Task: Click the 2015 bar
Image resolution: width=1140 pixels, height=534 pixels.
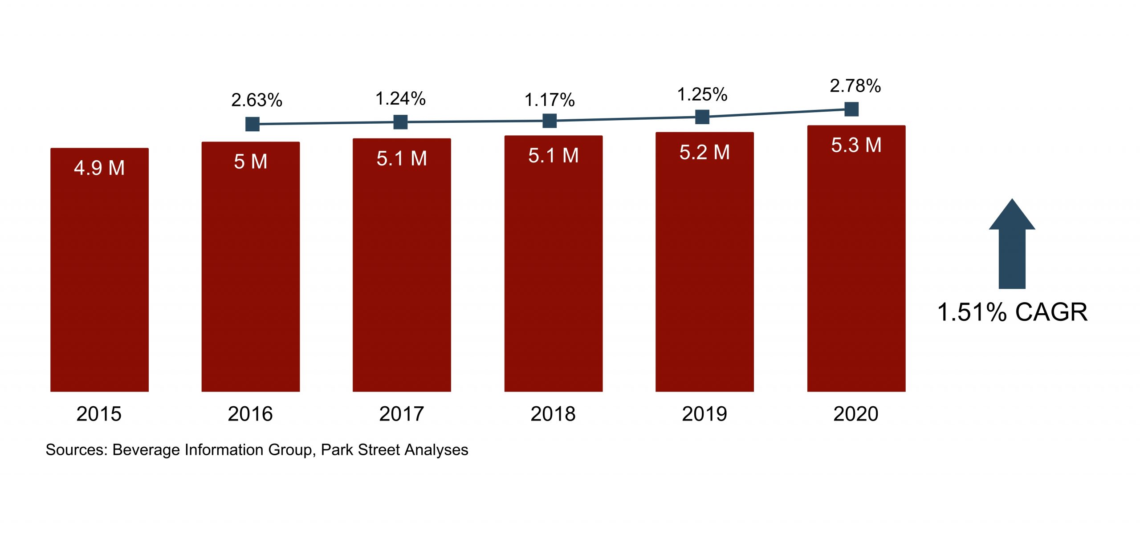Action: coord(99,276)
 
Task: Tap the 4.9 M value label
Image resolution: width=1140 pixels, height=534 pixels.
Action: coord(99,168)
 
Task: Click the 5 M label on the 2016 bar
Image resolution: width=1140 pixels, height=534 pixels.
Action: coord(251,162)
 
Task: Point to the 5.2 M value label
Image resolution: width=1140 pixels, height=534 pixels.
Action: coord(704,153)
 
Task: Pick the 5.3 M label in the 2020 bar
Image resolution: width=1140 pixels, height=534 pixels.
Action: coord(856,146)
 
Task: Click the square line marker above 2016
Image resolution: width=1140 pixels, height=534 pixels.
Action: coord(252,124)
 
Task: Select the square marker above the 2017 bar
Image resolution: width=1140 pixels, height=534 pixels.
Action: coord(400,122)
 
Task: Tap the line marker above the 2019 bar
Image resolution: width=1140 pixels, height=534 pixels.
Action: coord(702,117)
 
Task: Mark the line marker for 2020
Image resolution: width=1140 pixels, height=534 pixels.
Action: coord(851,109)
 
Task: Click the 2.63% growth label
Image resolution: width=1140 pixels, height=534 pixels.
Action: coord(256,100)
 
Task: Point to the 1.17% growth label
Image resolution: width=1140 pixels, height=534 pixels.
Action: coord(550,100)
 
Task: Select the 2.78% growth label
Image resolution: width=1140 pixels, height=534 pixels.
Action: coord(855,86)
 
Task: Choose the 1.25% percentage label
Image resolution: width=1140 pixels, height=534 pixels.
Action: coord(702,94)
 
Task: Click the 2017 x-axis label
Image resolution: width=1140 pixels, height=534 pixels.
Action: coord(402,414)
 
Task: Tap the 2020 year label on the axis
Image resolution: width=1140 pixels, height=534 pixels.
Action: coord(856,414)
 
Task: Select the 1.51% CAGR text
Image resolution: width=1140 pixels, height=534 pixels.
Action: coord(1012,312)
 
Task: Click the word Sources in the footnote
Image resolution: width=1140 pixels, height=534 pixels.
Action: coord(76,450)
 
